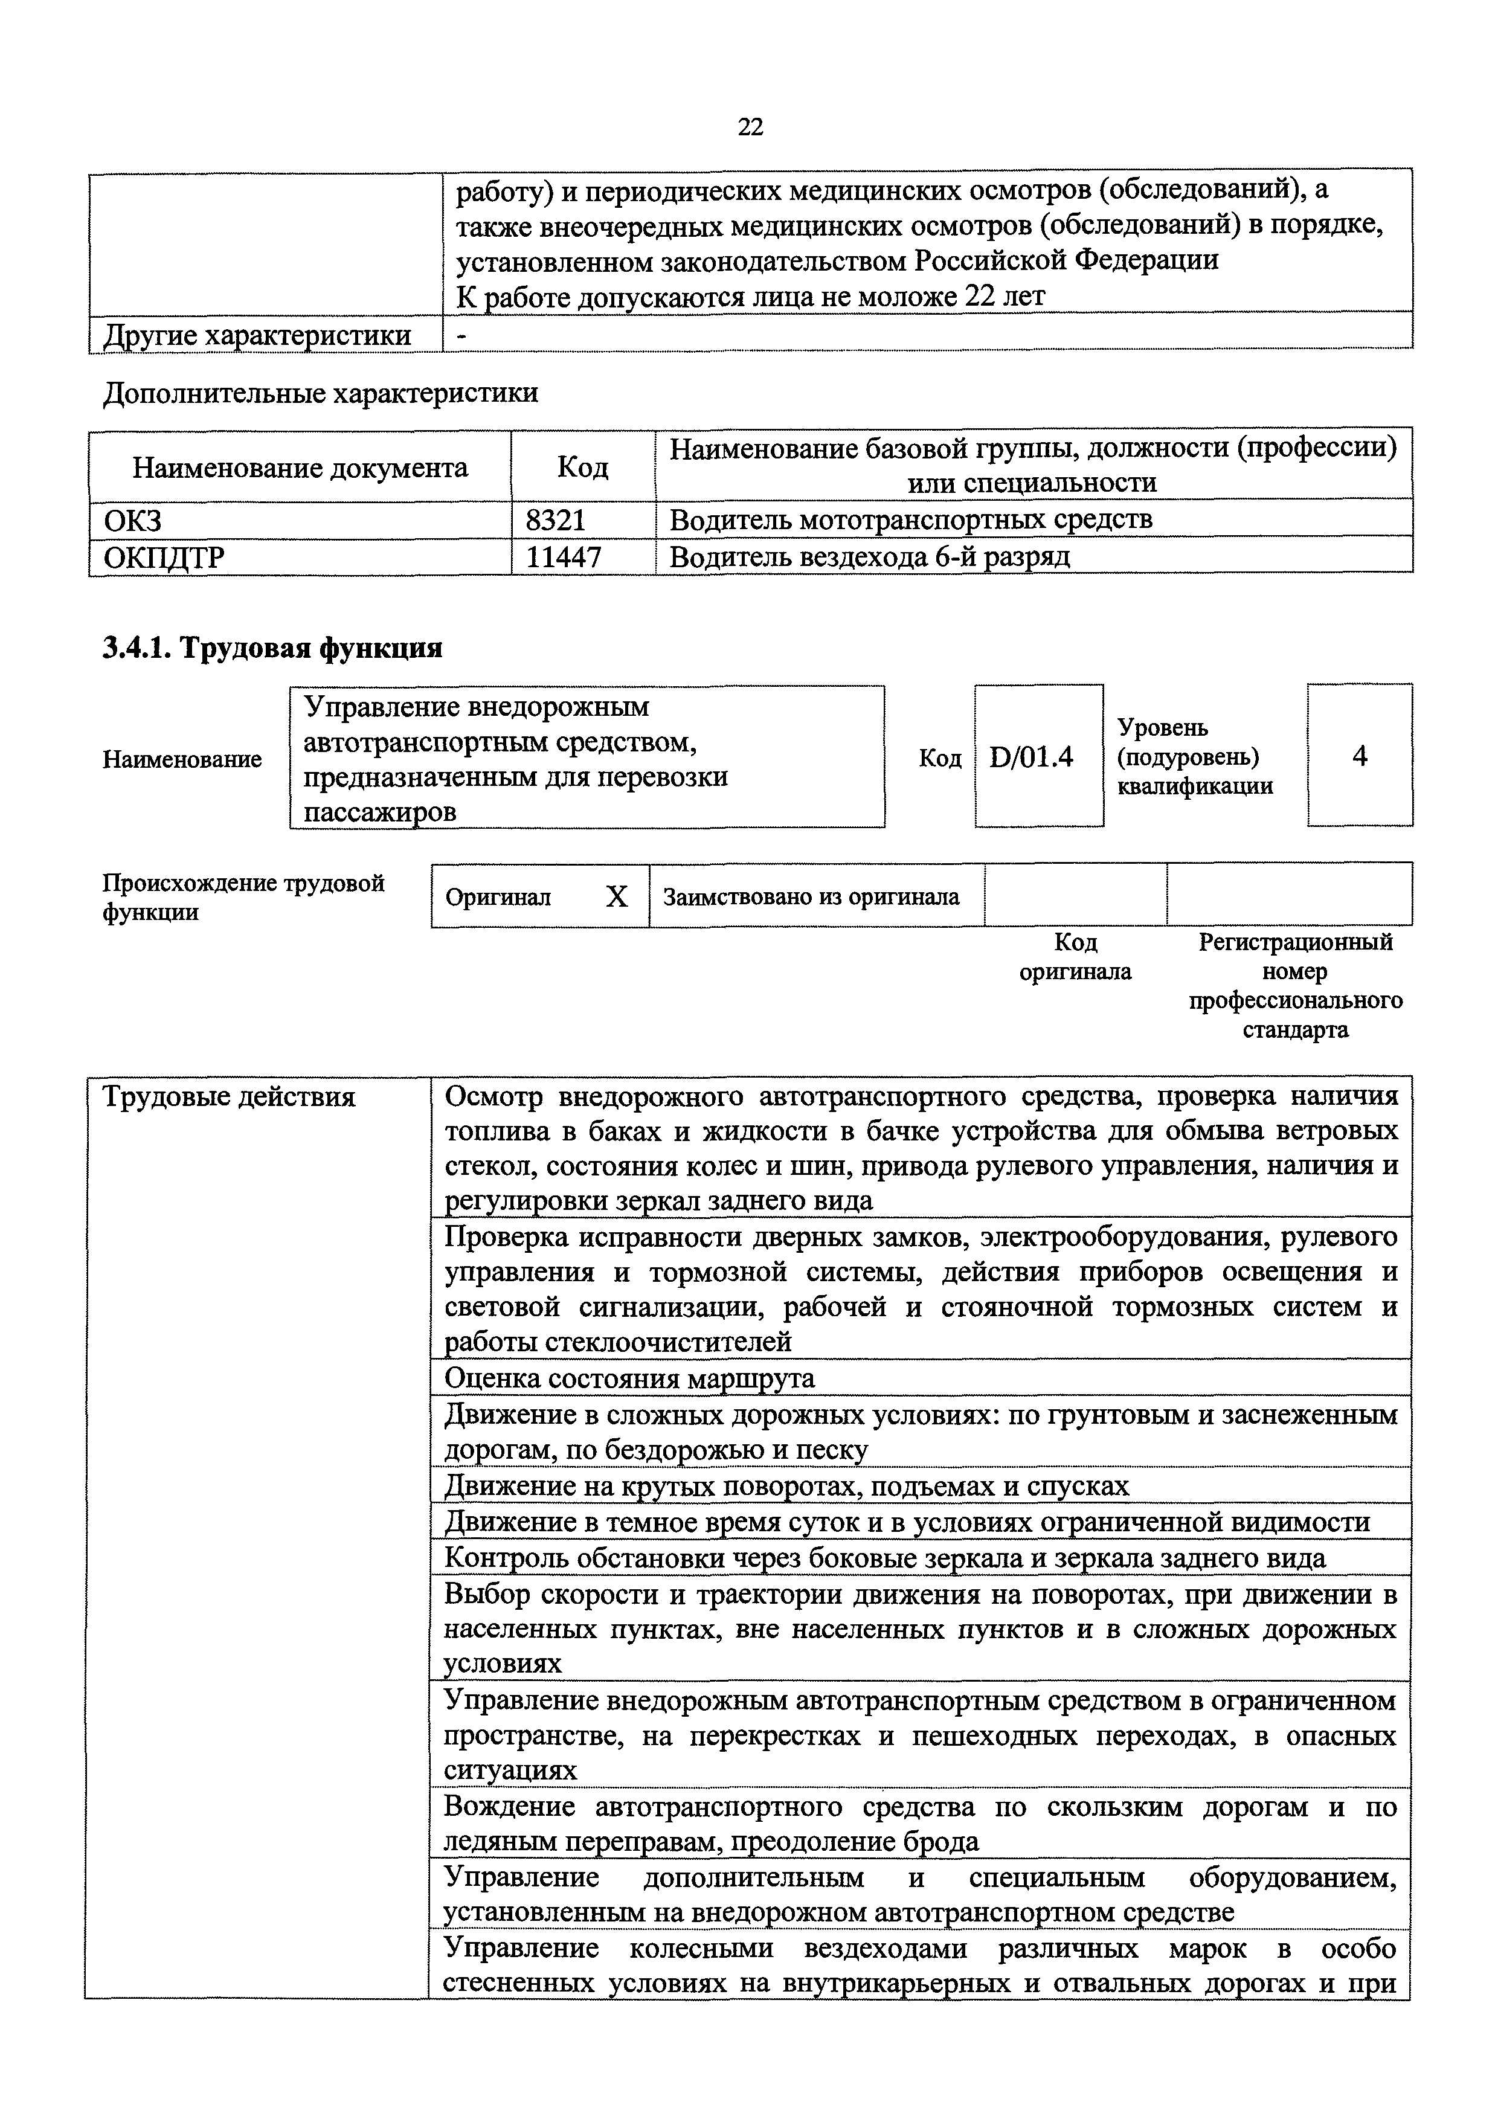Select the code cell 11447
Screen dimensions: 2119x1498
562,556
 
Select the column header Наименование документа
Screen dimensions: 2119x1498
300,467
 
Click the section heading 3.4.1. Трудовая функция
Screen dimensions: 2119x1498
272,648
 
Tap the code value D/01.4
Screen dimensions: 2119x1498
1031,757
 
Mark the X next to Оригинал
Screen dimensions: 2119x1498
616,896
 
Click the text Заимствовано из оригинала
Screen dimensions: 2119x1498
811,896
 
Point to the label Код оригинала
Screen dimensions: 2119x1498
1075,956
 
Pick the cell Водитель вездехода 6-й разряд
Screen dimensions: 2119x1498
869,556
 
